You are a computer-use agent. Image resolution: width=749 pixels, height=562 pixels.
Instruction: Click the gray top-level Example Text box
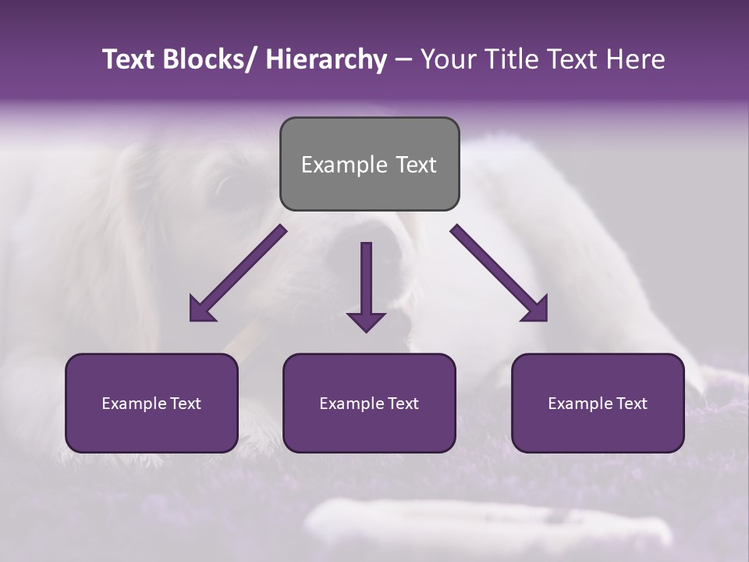coord(369,164)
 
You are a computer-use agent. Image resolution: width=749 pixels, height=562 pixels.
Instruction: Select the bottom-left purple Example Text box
coord(151,403)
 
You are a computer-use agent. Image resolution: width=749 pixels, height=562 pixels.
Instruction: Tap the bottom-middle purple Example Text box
coord(369,403)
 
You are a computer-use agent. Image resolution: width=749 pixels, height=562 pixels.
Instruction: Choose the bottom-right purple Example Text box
coord(598,403)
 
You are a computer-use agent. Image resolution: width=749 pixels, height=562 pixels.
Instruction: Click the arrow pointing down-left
coord(237,274)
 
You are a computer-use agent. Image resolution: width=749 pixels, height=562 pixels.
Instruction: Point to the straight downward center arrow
coord(366,281)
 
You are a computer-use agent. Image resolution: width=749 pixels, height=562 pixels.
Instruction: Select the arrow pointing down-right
coord(499,274)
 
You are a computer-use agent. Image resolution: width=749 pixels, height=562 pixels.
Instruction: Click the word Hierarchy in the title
coord(326,59)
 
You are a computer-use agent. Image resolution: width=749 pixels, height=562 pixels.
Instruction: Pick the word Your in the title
coord(446,59)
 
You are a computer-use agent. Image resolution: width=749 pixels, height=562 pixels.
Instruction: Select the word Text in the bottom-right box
coord(632,404)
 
